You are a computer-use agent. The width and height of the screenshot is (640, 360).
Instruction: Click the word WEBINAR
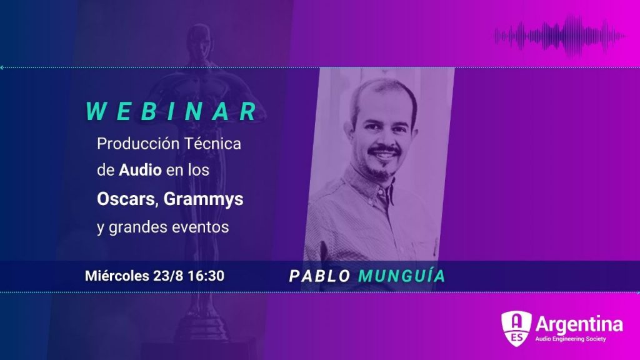172,111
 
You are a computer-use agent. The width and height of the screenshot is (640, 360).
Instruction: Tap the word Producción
138,144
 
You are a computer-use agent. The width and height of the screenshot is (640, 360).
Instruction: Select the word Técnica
212,144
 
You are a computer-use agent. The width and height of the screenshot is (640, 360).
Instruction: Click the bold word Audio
140,170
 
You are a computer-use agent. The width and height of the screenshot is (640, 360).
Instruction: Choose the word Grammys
203,200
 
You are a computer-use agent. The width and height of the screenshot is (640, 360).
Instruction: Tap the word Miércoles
117,276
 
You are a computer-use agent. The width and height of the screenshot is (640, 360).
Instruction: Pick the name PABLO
319,276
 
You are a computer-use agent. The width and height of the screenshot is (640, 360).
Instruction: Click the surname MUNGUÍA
402,276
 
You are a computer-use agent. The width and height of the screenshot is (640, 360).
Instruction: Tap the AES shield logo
516,328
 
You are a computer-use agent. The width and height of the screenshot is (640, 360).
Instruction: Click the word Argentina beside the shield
579,324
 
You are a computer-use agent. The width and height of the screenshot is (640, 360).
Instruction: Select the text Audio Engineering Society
571,339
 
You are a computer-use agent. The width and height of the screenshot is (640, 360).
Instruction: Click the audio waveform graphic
559,36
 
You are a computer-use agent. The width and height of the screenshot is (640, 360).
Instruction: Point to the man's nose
384,139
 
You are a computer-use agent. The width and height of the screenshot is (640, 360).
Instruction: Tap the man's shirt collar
367,186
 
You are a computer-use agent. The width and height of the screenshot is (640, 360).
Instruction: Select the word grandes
137,227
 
